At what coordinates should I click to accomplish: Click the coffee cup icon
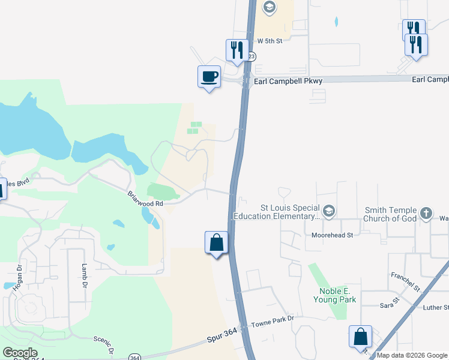point(209,77)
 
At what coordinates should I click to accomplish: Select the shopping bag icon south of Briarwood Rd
point(216,242)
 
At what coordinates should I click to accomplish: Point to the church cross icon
point(426,212)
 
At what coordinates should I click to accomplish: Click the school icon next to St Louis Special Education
point(328,211)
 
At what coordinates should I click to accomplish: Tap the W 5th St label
point(269,40)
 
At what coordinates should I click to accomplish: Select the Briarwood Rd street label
point(145,199)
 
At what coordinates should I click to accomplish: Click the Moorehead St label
point(333,235)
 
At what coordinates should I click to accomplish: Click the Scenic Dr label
point(103,344)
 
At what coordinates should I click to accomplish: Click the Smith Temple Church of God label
point(390,214)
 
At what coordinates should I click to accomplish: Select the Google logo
point(20,353)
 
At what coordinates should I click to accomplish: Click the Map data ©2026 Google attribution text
point(412,355)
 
